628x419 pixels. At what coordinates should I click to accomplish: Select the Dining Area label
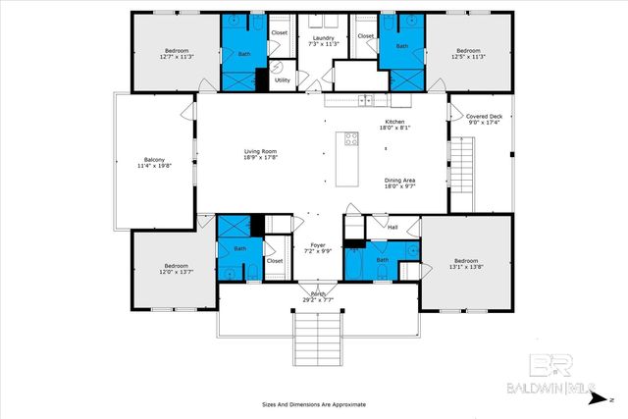click(x=398, y=183)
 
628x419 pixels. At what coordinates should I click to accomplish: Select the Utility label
click(x=282, y=80)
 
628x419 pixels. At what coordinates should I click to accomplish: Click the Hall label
click(x=392, y=227)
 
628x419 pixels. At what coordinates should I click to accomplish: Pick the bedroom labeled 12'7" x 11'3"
click(x=177, y=53)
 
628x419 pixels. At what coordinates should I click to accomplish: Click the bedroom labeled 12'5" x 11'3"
click(x=468, y=53)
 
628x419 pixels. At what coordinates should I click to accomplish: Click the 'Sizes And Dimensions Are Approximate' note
click(x=314, y=403)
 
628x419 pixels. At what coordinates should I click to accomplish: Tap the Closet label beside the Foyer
click(x=275, y=261)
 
